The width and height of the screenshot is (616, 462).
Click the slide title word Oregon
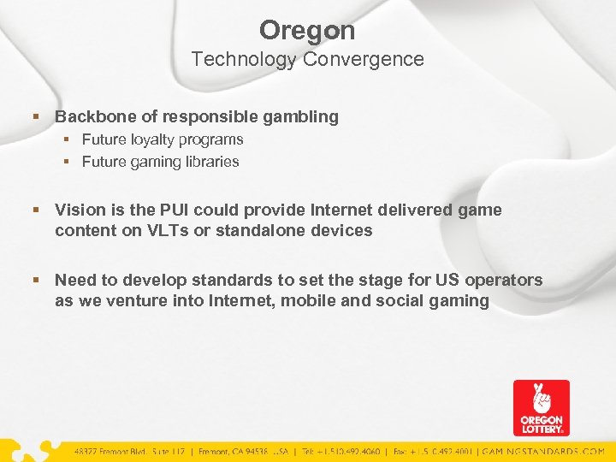(307, 31)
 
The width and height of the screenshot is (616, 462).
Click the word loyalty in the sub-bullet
(162, 139)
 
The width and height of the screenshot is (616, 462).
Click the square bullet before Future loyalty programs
(69, 139)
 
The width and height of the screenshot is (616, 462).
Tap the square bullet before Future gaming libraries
(69, 162)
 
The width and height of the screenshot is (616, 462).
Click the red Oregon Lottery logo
(541, 408)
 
